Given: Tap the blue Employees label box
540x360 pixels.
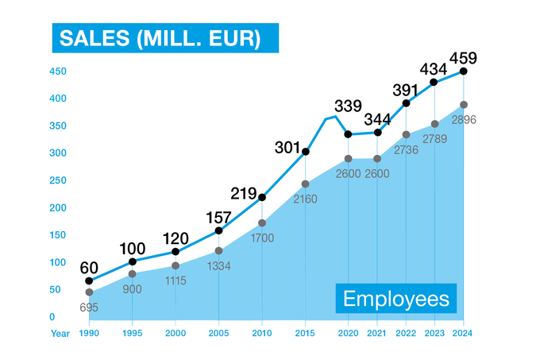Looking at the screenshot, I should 396,300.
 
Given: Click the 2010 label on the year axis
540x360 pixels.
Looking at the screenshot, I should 262,333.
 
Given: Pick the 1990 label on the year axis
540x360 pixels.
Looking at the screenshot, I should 89,333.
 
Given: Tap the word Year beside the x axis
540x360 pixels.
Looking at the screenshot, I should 60,333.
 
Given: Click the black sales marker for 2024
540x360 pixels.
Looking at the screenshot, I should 464,72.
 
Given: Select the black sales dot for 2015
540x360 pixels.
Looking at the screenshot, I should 306,152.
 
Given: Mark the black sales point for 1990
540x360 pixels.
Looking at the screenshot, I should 89,281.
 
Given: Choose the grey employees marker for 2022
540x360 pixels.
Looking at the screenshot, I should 407,134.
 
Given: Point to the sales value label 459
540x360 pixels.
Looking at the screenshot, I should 463,57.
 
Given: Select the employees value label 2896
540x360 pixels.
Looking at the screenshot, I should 464,119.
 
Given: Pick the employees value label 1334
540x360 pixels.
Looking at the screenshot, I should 219,265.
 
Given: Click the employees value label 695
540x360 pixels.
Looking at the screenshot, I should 89,306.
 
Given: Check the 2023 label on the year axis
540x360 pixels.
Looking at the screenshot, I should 434,333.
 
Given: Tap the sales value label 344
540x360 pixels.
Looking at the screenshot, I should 378,119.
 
